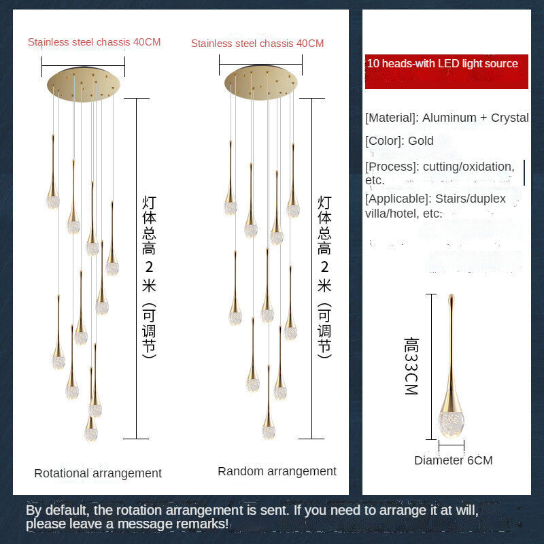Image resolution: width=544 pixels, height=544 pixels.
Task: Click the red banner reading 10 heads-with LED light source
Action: coord(446,71)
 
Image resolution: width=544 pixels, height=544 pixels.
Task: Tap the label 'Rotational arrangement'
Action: coord(98,473)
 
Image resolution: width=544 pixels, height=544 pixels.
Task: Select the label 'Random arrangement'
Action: coord(277,471)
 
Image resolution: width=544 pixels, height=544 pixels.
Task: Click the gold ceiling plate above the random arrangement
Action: coord(261,82)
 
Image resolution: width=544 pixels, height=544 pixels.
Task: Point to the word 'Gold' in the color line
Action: coord(421,141)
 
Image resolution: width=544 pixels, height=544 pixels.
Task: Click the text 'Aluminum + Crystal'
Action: coord(475,118)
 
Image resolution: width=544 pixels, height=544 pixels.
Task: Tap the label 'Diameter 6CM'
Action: coord(453,460)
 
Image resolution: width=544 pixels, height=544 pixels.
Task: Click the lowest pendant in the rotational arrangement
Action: coord(90,430)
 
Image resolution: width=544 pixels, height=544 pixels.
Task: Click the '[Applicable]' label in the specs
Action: coord(397,199)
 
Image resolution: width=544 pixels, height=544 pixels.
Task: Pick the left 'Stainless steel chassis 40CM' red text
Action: coord(94,42)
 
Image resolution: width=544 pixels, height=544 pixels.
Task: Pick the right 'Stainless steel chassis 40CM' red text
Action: coord(257,44)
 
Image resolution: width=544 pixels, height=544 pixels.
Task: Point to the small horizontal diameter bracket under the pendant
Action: coord(452,446)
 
